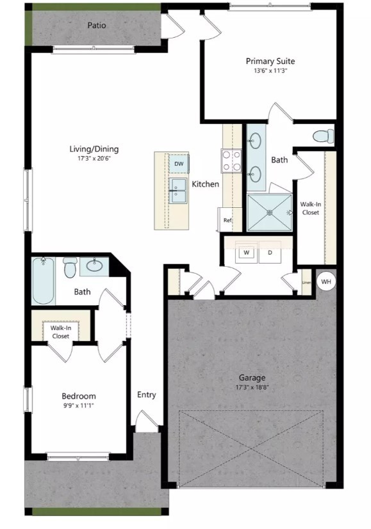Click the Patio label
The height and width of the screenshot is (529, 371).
[97, 26]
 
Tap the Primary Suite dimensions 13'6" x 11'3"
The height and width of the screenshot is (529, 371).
[270, 72]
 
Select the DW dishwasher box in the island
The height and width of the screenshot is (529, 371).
[179, 164]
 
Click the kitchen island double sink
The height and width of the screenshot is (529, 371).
[177, 190]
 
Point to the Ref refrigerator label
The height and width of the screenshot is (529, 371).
[227, 220]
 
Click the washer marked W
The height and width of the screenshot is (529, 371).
[245, 253]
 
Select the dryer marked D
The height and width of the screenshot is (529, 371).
[270, 253]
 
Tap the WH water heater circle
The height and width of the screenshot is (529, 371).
[326, 281]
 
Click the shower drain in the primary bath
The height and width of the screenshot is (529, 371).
[270, 212]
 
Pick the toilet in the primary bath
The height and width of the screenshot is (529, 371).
[323, 136]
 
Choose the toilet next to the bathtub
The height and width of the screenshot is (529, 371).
[70, 267]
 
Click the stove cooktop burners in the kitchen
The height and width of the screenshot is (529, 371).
[231, 160]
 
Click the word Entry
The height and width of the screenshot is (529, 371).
[147, 395]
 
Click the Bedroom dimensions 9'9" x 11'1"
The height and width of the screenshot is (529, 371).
[79, 406]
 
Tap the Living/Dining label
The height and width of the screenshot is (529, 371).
[94, 149]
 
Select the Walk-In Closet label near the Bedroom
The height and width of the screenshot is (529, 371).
[60, 331]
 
